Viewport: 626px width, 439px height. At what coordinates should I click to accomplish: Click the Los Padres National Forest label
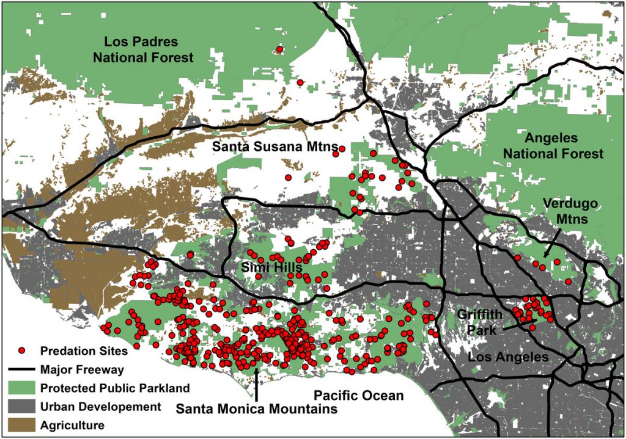(x=149, y=50)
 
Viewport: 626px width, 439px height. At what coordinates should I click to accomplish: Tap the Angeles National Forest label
(x=553, y=146)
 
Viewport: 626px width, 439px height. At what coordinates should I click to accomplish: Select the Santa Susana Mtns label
(x=273, y=148)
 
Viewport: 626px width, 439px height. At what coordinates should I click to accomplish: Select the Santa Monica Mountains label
(x=257, y=408)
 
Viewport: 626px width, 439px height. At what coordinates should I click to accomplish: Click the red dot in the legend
(x=21, y=351)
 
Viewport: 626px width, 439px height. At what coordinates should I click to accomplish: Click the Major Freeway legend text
(x=82, y=369)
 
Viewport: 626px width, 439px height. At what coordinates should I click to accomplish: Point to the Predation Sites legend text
(x=84, y=351)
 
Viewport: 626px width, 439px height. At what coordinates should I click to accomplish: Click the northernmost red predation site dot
(x=280, y=49)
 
